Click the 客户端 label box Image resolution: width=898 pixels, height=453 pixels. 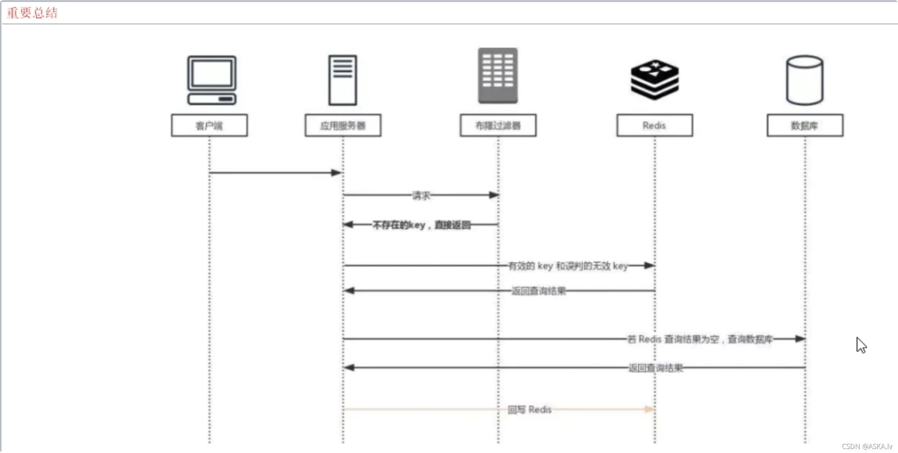209,126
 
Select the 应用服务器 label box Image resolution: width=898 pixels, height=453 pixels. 343,126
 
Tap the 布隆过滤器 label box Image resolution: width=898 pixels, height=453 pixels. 498,126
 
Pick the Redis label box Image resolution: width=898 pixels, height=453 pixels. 655,126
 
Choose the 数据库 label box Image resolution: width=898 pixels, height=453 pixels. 805,126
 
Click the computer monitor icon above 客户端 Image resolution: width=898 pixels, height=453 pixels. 212,80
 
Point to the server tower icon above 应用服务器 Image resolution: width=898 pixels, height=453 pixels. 343,80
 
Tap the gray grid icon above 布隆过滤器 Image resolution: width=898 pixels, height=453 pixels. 498,76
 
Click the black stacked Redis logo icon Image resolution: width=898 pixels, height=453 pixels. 655,79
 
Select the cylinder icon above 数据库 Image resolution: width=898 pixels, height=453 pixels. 805,80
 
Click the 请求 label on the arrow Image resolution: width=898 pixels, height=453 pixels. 421,196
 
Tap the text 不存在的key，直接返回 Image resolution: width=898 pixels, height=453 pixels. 421,225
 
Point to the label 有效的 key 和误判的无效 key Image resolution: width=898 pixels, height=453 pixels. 568,266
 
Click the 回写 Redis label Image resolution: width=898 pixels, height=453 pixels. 530,410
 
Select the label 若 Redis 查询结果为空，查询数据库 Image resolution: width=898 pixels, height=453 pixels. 700,339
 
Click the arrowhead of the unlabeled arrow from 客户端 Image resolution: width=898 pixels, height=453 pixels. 336,173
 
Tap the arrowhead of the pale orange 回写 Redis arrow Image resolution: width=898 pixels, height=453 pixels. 649,409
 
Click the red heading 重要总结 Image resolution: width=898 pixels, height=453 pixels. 32,13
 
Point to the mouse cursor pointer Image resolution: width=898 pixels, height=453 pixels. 861,345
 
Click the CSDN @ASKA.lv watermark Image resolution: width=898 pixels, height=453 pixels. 867,446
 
